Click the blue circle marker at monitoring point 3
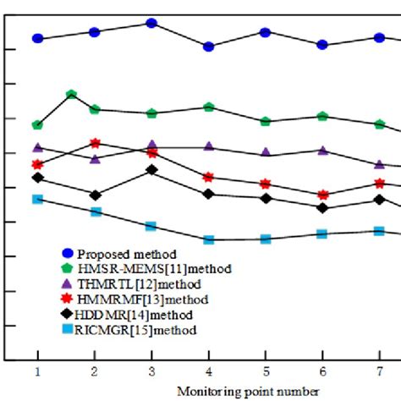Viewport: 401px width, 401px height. click(x=151, y=23)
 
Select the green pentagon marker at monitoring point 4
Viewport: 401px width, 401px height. click(x=208, y=107)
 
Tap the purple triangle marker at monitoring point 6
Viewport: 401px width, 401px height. click(x=322, y=151)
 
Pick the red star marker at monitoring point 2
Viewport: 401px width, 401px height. click(x=95, y=143)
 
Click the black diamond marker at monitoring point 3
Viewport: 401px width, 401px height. click(x=151, y=170)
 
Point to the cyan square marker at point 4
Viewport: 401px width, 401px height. click(x=208, y=239)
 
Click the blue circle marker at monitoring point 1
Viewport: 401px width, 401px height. click(x=37, y=38)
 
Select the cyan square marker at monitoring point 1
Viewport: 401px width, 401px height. click(x=37, y=199)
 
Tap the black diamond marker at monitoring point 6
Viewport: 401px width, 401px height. click(x=322, y=207)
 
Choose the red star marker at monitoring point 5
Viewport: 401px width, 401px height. click(x=266, y=184)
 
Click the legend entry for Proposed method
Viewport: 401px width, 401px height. click(x=127, y=253)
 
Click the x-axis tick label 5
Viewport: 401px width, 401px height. click(x=266, y=371)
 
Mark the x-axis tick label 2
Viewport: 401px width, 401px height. click(x=95, y=371)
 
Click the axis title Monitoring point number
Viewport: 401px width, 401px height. click(x=248, y=390)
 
